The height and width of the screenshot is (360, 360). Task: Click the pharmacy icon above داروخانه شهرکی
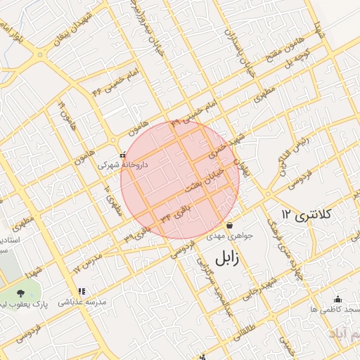[123, 155]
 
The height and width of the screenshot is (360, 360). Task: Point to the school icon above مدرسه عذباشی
[82, 290]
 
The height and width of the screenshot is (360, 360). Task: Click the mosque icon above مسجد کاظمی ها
[337, 298]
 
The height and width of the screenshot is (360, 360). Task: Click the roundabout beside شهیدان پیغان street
[41, 53]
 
